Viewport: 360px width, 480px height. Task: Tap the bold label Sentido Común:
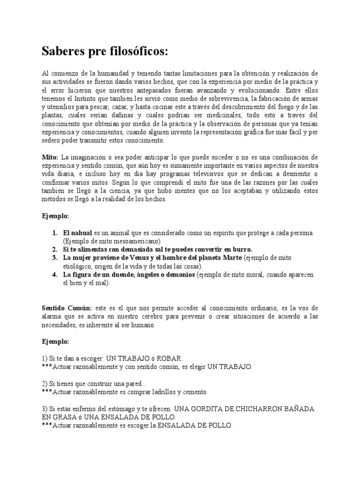tap(66, 308)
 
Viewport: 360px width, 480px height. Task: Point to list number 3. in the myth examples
tap(55, 258)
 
